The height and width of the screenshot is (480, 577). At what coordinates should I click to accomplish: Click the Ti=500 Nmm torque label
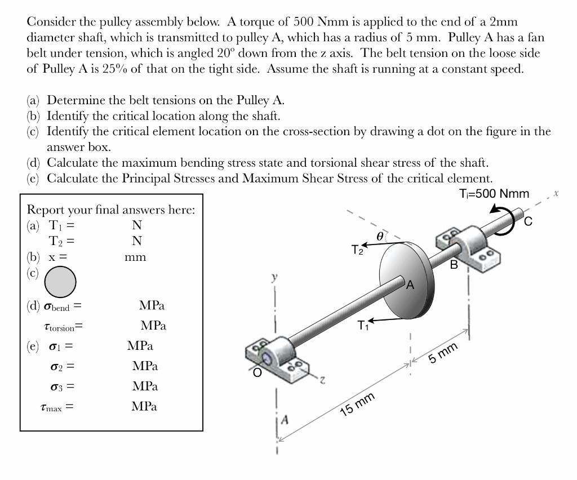[494, 194]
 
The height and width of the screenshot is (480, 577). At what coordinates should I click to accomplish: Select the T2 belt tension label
[357, 250]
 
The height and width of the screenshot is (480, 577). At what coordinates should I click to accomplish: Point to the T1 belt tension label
[362, 326]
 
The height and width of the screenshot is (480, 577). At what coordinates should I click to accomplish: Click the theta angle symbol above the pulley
[380, 237]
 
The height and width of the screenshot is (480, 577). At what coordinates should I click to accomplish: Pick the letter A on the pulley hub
[410, 285]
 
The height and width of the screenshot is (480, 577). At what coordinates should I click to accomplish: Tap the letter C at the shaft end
[528, 221]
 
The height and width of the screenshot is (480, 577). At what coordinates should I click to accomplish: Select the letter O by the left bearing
[257, 372]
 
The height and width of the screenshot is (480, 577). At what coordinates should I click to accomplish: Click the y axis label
[274, 278]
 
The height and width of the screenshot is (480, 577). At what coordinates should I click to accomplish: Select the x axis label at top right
[556, 193]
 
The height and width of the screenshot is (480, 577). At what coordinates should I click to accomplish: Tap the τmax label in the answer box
[56, 406]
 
